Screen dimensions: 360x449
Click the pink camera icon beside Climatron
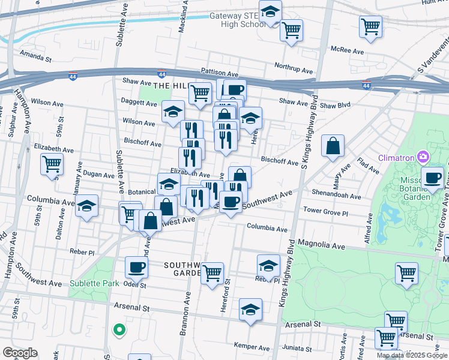point(424,157)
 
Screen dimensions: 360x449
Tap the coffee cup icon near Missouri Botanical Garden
point(432,178)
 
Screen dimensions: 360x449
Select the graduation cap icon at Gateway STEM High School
point(270,13)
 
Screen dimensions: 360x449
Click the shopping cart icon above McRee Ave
point(370,26)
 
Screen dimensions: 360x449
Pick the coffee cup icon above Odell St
point(136,267)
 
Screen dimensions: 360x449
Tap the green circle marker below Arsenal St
point(119,329)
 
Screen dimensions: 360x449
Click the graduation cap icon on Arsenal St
point(250,310)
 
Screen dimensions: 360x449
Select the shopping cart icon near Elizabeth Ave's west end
point(52,163)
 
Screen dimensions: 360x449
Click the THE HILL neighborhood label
point(170,86)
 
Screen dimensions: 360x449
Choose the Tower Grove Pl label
point(325,211)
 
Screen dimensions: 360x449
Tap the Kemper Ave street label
point(251,347)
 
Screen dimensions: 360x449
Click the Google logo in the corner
point(20,353)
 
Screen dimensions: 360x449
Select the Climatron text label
point(397,158)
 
